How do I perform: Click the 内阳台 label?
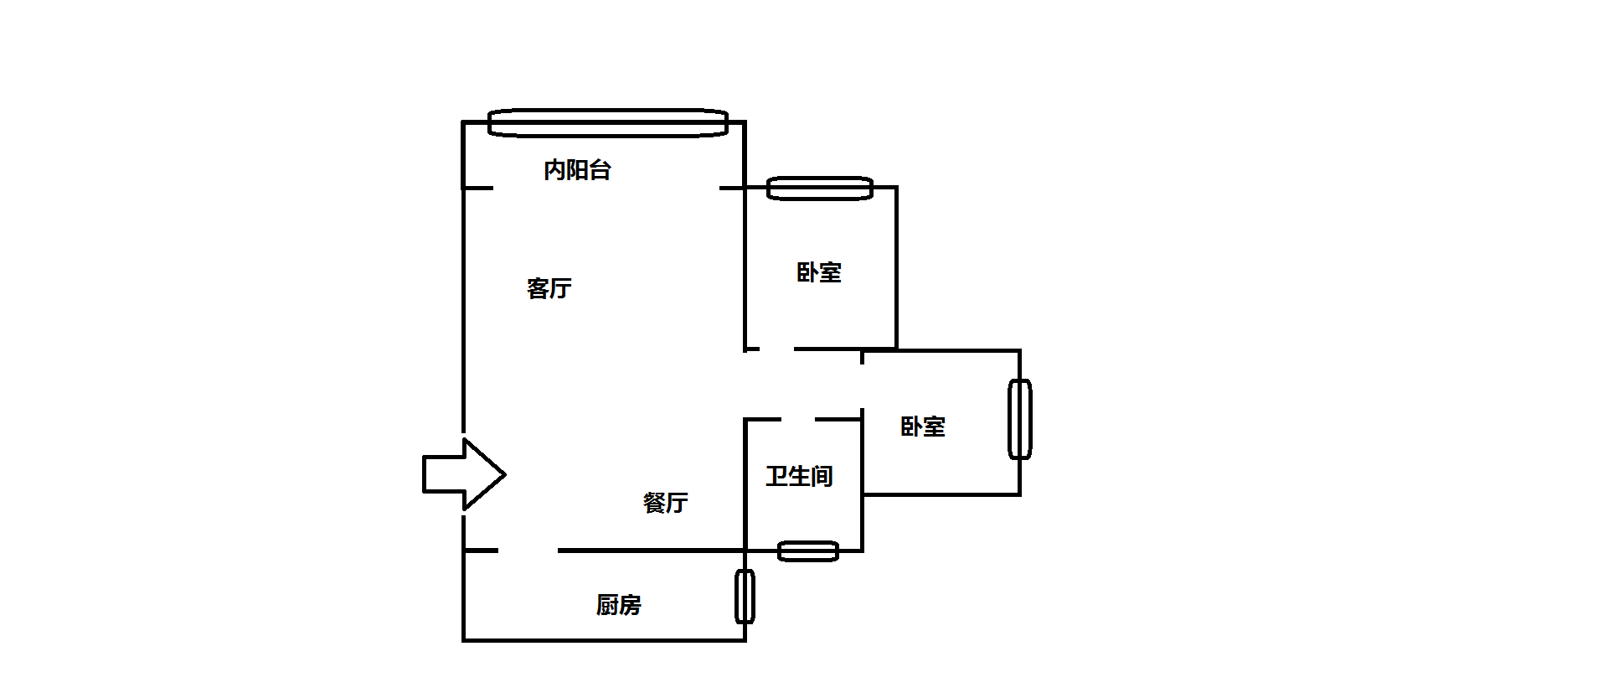tap(577, 170)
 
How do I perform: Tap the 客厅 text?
tap(549, 288)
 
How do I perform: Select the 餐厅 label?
tap(665, 503)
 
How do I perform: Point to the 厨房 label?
tap(618, 604)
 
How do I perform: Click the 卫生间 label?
tap(799, 477)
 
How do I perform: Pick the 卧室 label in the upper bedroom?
tap(818, 272)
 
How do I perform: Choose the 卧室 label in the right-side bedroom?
tap(922, 427)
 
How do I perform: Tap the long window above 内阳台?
tap(607, 123)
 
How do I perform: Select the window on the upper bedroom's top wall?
tap(820, 189)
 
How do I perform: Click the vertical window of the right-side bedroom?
tap(1019, 419)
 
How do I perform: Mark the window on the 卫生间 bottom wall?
tap(807, 551)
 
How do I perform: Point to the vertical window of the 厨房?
tap(745, 597)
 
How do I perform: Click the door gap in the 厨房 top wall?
tap(528, 551)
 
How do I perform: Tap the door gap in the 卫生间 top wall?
tap(798, 419)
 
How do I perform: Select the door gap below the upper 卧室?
tap(776, 349)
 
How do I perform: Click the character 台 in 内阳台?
tap(600, 170)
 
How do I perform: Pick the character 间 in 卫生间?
tap(822, 477)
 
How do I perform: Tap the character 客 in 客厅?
tap(538, 288)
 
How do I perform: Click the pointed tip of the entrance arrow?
tap(503, 474)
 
